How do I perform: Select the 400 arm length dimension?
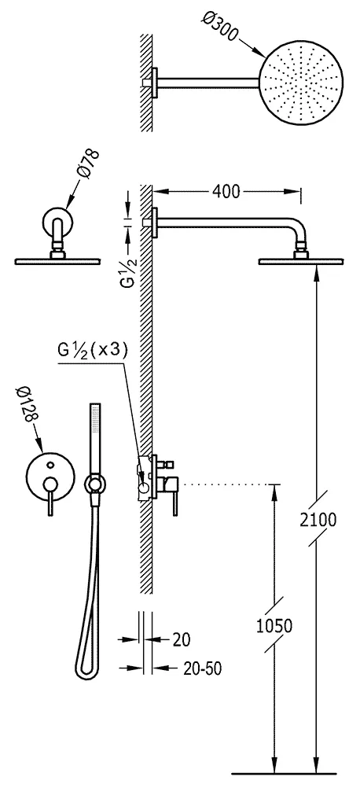coord(226,191)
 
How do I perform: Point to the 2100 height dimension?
coord(318,519)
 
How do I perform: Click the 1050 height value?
coord(274,626)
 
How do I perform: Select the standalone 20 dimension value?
coord(182,639)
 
